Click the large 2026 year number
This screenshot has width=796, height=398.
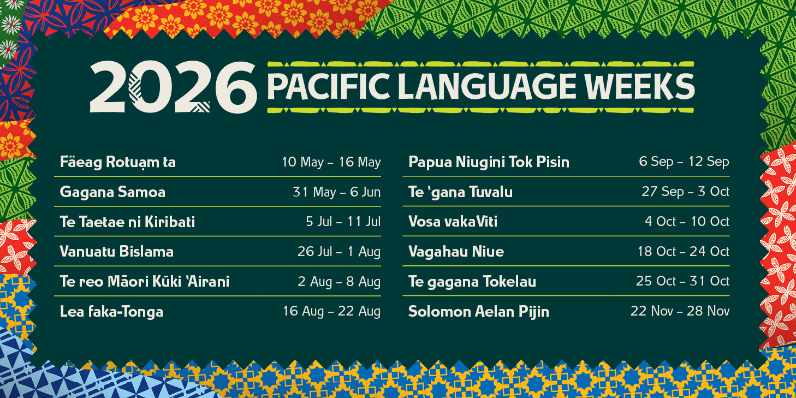pos(173,86)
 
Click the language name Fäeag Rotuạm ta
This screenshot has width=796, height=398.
pos(117,162)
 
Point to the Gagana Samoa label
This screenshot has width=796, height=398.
pos(112,192)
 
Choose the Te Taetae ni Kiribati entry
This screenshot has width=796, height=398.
pos(127,222)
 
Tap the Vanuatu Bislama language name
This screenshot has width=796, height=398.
pos(117,252)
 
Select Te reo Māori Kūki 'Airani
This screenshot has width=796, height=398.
pos(145,282)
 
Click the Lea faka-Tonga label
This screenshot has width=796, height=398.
pos(111,312)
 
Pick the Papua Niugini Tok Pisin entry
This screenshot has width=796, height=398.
pos(489,162)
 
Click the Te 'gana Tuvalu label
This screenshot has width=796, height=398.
pos(460,192)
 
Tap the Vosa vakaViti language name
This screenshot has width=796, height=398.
pos(453,222)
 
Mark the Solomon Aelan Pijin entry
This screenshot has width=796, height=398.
pos(479,312)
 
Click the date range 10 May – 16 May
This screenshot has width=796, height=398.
pos(331,162)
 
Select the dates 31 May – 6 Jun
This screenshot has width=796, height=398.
pos(336,192)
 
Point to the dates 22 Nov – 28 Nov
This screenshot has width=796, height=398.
pos(680,312)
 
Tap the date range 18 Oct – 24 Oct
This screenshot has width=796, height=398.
pos(683,252)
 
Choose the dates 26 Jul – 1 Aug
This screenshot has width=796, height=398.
pos(338,252)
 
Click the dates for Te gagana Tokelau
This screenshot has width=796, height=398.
pos(682,282)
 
